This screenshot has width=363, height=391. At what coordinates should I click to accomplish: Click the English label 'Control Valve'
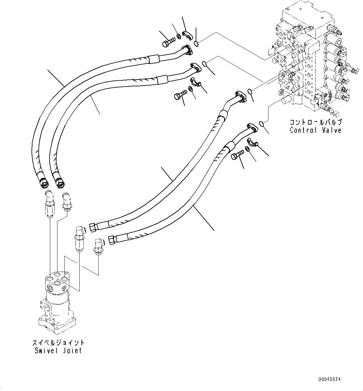pos(315,130)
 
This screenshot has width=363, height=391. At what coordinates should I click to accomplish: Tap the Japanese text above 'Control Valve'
pos(315,122)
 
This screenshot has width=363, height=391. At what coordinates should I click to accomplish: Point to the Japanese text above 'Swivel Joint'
pos(58,342)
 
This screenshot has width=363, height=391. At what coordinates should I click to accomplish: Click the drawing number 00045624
pos(330,379)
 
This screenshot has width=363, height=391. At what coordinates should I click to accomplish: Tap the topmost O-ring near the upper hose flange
pos(196,44)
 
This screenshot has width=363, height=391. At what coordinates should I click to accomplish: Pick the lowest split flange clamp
pos(253,143)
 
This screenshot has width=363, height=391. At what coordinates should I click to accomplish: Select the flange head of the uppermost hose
pos(187,50)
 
